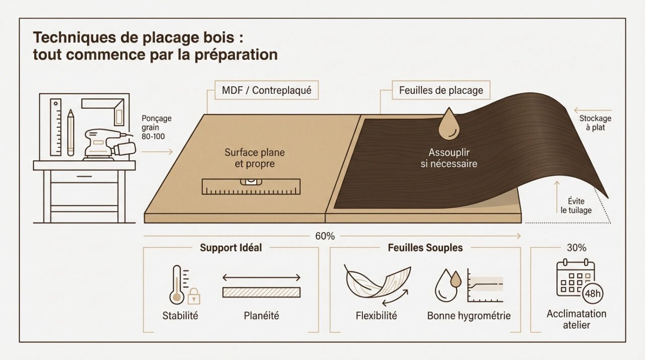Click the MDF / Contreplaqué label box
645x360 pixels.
(x=267, y=91)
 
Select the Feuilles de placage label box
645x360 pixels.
(x=441, y=91)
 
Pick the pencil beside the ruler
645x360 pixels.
(x=71, y=132)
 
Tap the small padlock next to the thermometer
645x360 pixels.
(x=193, y=297)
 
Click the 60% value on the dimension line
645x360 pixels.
(x=325, y=236)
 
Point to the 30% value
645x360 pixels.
(x=576, y=248)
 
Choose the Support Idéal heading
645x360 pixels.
(x=231, y=248)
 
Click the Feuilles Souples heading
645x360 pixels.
(x=425, y=248)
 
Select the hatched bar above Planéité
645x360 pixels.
(x=261, y=292)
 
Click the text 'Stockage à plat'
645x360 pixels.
(x=595, y=123)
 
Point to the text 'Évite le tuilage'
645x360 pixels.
(x=576, y=205)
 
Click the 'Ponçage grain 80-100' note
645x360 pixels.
(x=157, y=127)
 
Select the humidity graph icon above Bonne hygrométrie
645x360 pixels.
(x=485, y=285)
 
